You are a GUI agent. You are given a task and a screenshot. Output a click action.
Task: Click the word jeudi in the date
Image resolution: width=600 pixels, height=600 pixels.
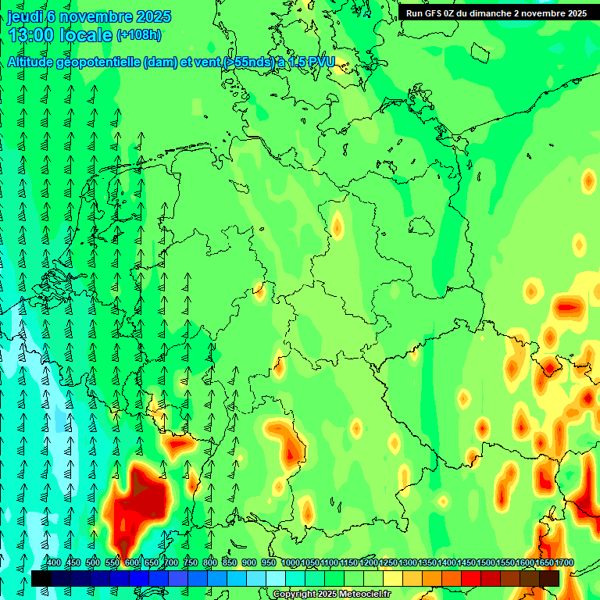tap(24, 16)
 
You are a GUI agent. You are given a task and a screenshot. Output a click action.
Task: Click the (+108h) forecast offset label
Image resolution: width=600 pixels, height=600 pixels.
tap(138, 34)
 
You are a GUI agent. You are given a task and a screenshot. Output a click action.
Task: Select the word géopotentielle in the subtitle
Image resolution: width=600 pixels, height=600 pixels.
tap(101, 62)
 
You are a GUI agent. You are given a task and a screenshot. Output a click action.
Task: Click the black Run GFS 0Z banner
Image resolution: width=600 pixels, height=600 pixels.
tap(496, 12)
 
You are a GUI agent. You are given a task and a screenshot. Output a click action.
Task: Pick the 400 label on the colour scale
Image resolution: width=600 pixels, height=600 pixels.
tap(54, 563)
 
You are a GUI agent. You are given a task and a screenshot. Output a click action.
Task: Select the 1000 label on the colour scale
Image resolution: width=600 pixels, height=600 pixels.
tap(290, 563)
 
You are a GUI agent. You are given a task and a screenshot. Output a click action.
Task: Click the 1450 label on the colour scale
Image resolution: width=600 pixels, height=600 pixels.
tap(466, 563)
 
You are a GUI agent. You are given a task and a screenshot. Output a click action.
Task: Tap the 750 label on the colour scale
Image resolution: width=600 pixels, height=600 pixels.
tap(191, 563)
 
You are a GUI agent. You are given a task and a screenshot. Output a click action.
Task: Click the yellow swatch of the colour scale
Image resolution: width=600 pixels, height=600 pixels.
tap(393, 578)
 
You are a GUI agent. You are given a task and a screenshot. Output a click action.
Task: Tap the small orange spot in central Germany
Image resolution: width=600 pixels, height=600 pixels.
tap(337, 227)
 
